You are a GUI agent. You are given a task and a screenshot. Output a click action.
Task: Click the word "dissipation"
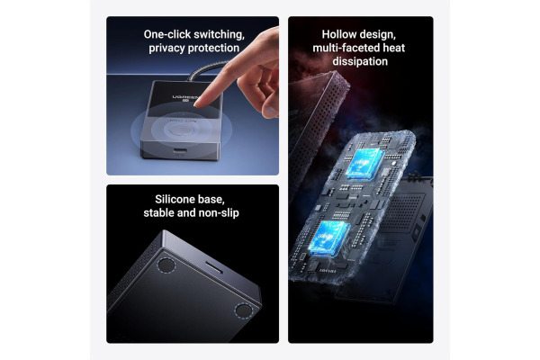coord(360,61)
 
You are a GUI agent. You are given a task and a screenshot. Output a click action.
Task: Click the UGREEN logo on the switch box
coord(185,98)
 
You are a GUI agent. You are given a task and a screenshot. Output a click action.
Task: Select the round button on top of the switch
coord(179,130)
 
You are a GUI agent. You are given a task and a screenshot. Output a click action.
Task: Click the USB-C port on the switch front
coord(180,150)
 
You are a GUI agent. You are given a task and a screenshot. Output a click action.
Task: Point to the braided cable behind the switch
coord(207,70)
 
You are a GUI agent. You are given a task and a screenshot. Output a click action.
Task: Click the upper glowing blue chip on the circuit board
coord(365,163)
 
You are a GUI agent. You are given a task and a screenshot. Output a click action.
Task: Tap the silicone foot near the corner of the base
coord(166,265)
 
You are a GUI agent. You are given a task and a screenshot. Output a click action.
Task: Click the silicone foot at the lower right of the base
coord(244,310)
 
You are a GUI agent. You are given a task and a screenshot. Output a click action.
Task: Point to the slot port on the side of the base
coord(214,266)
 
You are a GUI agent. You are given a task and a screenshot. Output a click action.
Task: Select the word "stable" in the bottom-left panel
coord(158,213)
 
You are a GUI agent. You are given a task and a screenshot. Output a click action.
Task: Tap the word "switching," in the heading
coord(219,34)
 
